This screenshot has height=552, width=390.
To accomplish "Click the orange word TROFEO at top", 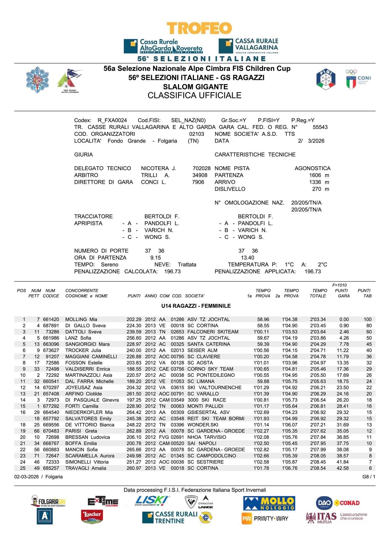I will [199, 28].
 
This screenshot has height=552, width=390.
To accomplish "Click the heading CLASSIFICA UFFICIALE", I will [194, 95].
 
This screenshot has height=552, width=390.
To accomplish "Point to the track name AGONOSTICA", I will [312, 168].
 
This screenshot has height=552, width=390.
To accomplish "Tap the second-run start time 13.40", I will [247, 258].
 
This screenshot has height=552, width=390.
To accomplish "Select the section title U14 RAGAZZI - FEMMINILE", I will [196, 306].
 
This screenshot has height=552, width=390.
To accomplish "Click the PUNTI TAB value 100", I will [367, 319].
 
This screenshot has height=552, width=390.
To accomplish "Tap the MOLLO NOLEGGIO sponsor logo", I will [269, 503].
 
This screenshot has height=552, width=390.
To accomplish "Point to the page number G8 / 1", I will [368, 477].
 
